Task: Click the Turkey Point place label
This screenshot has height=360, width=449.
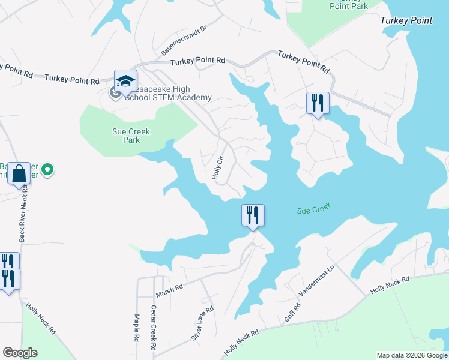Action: coord(406,20)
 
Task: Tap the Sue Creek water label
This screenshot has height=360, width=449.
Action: coord(315,209)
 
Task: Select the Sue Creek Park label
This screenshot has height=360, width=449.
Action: coord(131,136)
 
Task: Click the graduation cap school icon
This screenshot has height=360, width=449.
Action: coord(126,81)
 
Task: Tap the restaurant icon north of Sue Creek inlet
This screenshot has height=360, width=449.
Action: coord(318,103)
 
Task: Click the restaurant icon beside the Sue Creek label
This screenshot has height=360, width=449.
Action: coord(253,215)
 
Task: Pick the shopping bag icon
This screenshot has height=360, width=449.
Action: coord(20,173)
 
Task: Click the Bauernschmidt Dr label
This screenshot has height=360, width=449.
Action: coord(184,41)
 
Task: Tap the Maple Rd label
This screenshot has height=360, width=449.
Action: coord(137,328)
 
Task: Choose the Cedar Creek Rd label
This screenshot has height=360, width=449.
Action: coord(154,328)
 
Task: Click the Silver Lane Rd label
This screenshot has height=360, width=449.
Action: coord(202,324)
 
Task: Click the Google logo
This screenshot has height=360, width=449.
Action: coord(20,353)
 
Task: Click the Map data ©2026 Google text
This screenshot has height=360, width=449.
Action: coord(412,355)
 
